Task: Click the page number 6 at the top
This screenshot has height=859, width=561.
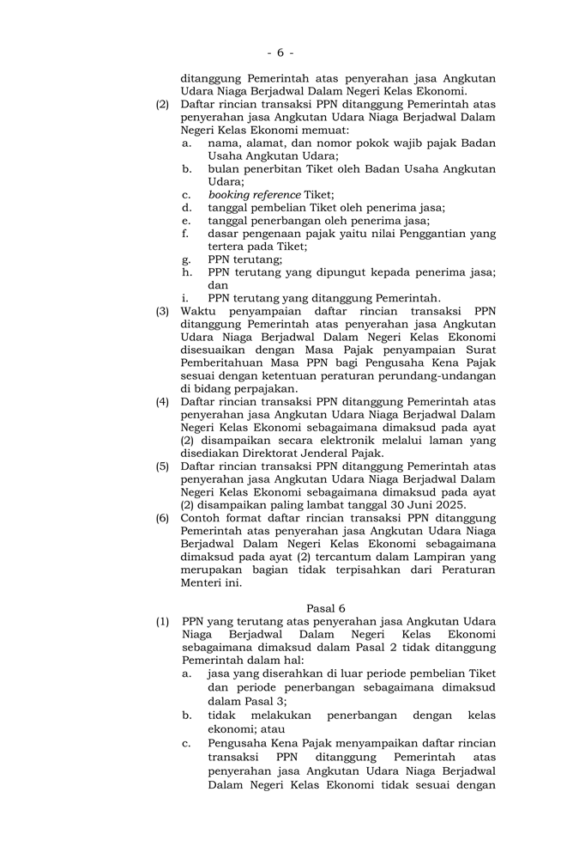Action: point(280,52)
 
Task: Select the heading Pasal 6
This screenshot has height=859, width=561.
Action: point(325,608)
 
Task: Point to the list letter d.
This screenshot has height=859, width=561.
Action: point(186,208)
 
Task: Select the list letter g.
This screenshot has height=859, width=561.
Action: point(186,259)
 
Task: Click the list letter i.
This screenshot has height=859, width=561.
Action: point(186,298)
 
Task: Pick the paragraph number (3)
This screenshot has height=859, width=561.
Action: point(162,311)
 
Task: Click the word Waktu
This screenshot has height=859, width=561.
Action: point(200,311)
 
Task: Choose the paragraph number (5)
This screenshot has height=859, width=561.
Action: point(162,466)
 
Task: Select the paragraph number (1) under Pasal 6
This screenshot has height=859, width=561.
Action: point(162,621)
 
